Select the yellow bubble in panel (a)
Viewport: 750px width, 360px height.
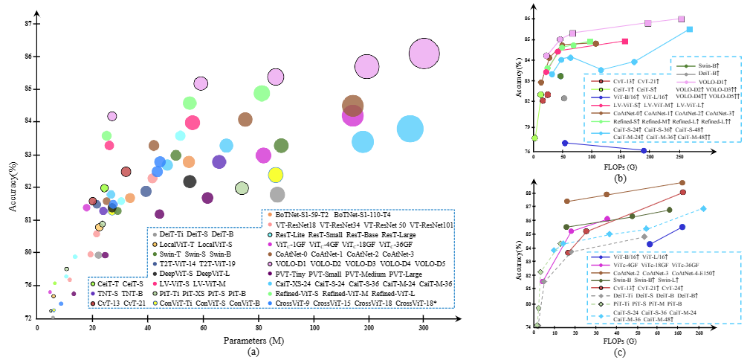point(276,175)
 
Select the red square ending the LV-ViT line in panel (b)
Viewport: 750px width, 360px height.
point(625,42)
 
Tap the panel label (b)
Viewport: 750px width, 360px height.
point(620,177)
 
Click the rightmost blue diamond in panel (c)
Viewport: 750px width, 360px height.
point(703,208)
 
